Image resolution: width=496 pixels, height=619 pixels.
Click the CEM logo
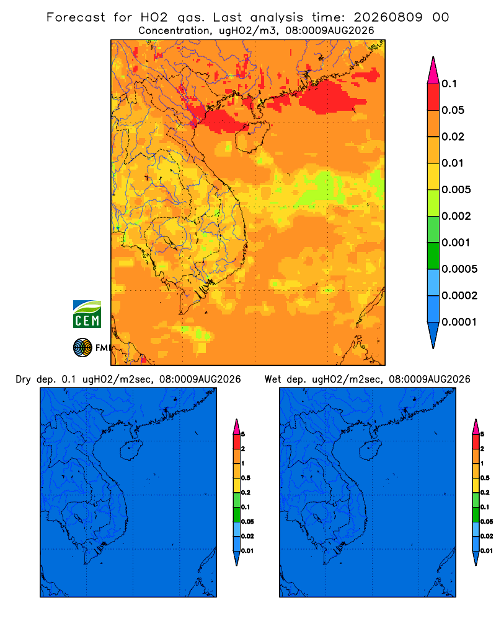tap(87, 314)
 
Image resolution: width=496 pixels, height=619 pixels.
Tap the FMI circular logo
tap(82, 348)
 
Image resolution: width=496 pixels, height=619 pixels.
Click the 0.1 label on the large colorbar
tap(449, 84)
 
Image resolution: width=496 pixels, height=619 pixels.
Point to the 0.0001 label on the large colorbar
tap(459, 322)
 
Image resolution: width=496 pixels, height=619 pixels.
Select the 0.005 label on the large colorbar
tap(456, 189)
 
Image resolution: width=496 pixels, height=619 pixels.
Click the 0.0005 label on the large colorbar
tap(459, 269)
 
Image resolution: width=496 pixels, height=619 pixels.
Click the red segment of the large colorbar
tap(433, 97)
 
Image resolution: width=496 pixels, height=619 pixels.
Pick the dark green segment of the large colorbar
tap(433, 256)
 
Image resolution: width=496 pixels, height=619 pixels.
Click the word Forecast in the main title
tap(76, 17)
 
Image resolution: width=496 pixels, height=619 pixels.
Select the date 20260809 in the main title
tap(387, 17)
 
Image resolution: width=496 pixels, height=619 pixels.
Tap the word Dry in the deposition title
tap(23, 380)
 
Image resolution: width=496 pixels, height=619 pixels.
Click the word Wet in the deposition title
tap(272, 379)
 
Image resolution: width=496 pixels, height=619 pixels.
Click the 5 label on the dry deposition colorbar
tap(243, 435)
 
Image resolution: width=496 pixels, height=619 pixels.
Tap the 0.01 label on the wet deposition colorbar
tap(487, 551)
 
